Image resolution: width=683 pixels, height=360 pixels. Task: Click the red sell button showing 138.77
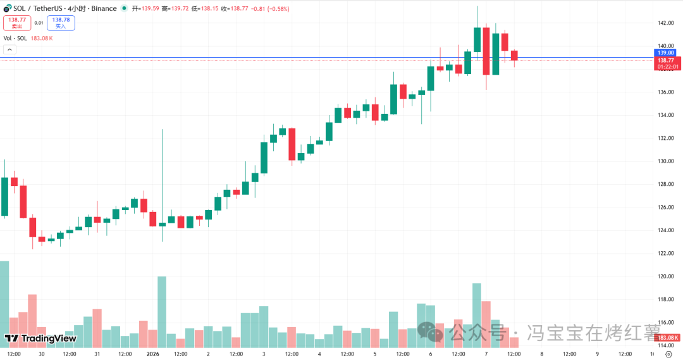17,23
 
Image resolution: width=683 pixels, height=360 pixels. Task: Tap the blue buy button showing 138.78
61,23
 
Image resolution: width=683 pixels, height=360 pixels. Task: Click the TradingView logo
40,338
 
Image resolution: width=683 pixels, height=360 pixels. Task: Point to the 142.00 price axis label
665,23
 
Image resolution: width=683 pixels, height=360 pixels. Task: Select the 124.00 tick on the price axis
665,230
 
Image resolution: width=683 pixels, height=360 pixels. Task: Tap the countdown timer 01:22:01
668,66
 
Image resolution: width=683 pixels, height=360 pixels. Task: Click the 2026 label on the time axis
153,354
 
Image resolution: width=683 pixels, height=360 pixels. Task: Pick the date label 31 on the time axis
97,354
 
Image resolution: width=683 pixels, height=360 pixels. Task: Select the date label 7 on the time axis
486,354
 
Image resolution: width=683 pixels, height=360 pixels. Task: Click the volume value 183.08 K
42,39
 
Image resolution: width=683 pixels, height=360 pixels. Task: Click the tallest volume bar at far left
4,304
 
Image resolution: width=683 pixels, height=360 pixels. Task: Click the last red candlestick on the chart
514,56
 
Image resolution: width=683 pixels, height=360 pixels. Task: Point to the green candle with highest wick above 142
477,39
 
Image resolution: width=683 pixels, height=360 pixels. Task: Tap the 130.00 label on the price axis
665,161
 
